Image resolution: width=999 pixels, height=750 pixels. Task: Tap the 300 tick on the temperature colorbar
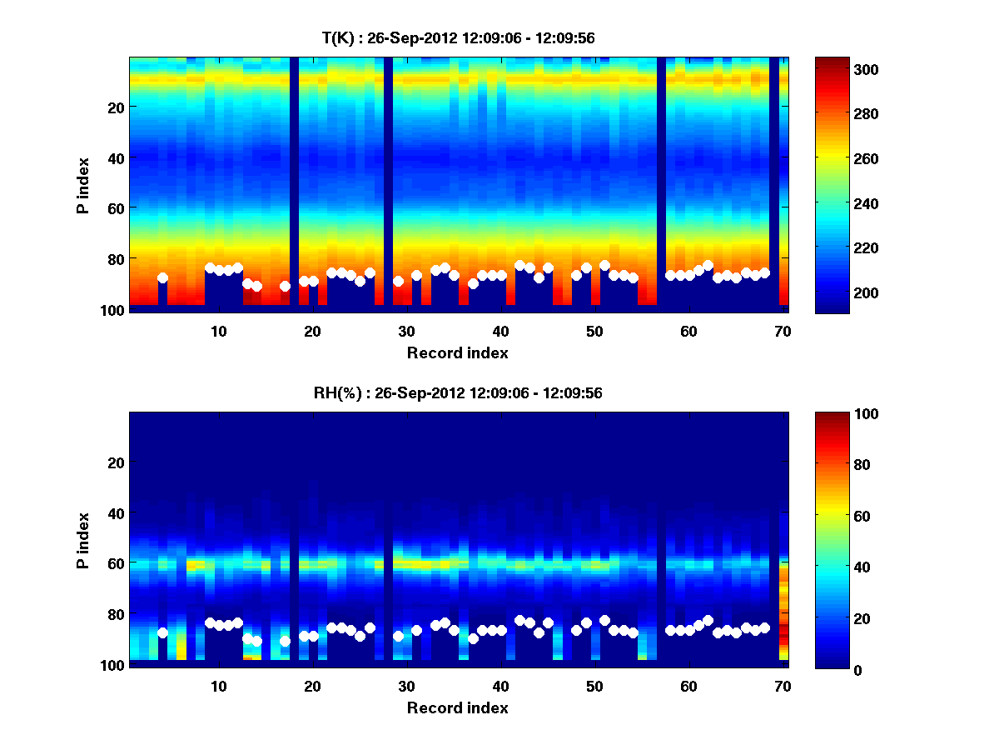point(869,69)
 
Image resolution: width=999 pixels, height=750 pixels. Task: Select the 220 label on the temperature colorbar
point(869,248)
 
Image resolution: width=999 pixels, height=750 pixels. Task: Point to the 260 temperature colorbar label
point(869,159)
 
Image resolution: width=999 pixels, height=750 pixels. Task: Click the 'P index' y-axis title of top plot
point(84,186)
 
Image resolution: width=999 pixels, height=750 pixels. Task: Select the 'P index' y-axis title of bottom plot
point(84,541)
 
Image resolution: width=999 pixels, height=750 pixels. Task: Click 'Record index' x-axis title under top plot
point(457,353)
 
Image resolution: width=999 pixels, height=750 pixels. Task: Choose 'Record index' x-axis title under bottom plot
point(457,708)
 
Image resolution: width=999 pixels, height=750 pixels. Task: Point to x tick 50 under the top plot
point(594,331)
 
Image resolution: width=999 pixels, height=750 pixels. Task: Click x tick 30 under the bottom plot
point(406,686)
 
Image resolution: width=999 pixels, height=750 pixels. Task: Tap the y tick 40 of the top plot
point(115,157)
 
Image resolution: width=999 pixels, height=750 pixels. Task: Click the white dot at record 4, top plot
point(162,278)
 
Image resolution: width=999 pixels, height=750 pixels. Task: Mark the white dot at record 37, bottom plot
point(473,638)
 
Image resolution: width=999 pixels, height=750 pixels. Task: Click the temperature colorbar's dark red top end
point(832,62)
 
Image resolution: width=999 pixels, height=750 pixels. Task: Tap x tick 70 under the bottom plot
point(783,686)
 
